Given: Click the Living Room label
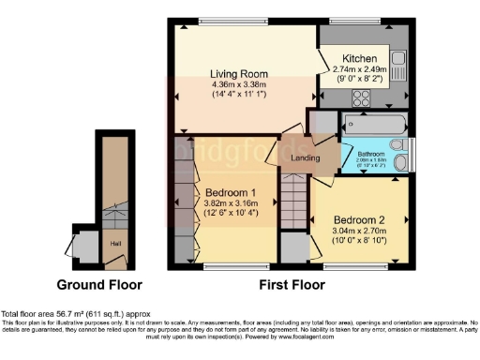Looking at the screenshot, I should pyautogui.click(x=240, y=73).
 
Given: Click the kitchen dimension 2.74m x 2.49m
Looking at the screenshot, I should pyautogui.click(x=360, y=68).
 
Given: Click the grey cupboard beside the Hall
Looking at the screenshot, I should pyautogui.click(x=87, y=247).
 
